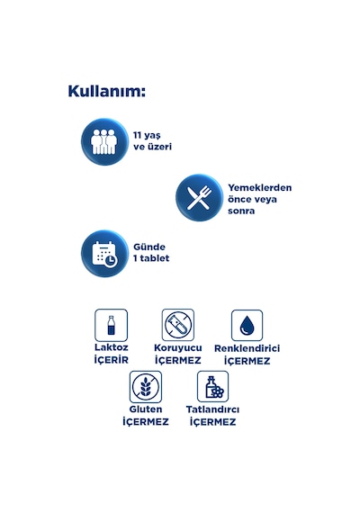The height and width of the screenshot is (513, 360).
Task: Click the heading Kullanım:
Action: pos(107,91)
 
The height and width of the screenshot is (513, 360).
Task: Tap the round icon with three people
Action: pos(104,141)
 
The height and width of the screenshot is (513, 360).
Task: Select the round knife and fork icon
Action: pos(199,198)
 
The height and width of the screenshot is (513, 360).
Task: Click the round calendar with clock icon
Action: pos(104,254)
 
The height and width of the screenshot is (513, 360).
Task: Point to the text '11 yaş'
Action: pos(147,136)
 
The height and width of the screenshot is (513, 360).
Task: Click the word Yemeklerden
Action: pos(260,188)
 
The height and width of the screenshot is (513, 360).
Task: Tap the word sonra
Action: pos(241,211)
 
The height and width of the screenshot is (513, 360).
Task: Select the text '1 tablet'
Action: pos(151,258)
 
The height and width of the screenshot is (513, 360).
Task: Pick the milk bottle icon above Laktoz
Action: pos(112,325)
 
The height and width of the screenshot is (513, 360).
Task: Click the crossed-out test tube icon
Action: pos(178,325)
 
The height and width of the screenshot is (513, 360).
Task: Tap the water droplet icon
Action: pos(247,326)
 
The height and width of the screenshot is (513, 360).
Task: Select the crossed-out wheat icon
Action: pos(146,387)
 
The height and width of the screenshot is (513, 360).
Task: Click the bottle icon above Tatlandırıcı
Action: pos(212,386)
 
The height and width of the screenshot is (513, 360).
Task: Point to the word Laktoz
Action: pos(112,347)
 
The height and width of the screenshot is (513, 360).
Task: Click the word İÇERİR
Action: pos(112,360)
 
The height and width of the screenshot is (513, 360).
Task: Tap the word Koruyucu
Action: pos(178,347)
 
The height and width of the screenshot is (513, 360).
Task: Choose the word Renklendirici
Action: pos(247,348)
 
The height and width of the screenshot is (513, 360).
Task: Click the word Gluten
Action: pos(146,409)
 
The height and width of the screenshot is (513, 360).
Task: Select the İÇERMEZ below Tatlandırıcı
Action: pos(212,422)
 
